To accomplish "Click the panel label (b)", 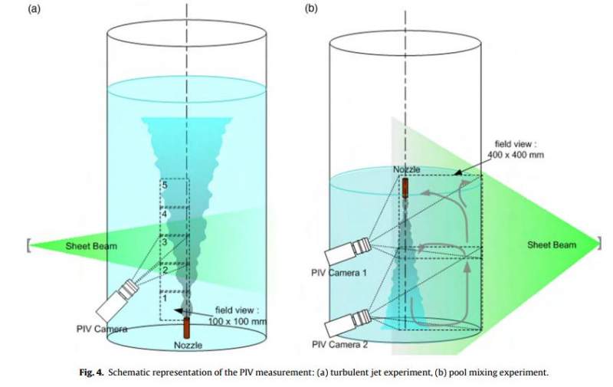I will coord(313,10).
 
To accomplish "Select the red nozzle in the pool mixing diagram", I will coord(405,187).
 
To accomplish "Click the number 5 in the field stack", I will coord(164,185).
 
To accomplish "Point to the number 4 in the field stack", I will coord(164,215).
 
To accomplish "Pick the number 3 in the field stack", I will coord(164,243).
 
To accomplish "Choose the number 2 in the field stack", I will coord(164,269).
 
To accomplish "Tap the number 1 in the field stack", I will coord(164,297).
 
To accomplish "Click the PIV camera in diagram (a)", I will coord(115,301).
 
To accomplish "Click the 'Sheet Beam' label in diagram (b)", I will coord(551,244).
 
